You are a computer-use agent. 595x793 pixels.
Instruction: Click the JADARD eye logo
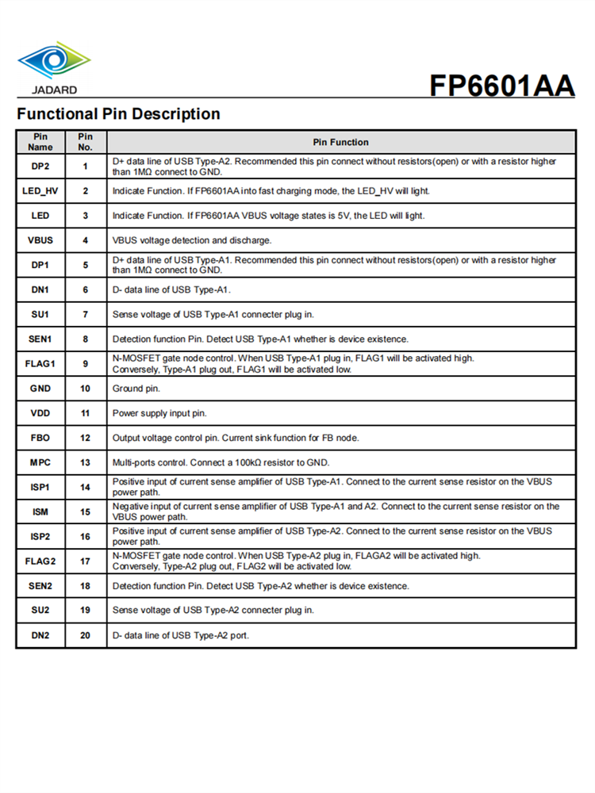coord(54,60)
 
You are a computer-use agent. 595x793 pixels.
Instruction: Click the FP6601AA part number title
coord(501,85)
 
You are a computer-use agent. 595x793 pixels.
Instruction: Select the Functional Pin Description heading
coord(118,114)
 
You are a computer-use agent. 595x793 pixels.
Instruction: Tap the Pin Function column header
coord(340,142)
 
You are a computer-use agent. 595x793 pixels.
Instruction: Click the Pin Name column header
coord(40,142)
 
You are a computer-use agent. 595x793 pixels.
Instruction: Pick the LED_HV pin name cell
coord(40,191)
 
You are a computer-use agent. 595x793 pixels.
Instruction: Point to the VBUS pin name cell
coord(40,240)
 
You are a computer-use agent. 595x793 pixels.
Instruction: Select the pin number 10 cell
coord(86,389)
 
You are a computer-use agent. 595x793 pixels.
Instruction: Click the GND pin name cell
coord(40,389)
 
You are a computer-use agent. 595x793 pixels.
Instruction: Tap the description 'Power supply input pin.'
coord(159,413)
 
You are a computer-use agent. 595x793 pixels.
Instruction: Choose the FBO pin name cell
coord(40,438)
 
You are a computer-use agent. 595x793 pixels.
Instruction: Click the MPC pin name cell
coord(40,462)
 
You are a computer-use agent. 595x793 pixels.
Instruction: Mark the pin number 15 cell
coord(86,511)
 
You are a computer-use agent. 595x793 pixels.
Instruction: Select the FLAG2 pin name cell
coord(40,561)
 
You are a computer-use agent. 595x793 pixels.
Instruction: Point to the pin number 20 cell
coord(86,635)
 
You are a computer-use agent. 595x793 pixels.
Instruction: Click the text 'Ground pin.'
coord(136,389)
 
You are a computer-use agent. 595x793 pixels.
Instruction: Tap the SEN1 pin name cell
coord(40,339)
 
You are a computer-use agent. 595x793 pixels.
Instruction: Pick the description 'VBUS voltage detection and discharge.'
coord(192,240)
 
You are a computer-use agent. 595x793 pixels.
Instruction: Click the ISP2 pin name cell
coord(40,536)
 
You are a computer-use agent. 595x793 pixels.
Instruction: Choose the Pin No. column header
coord(86,142)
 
